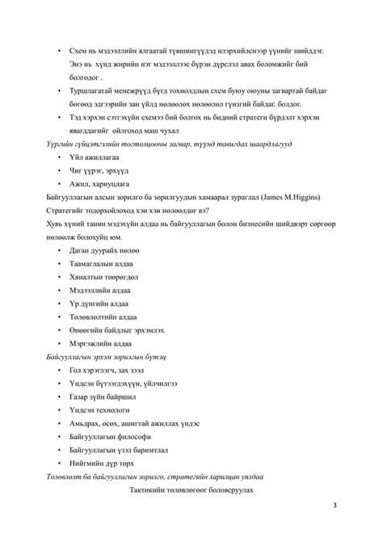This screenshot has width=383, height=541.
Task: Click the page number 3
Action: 335,505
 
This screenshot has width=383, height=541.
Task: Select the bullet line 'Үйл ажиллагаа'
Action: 96,156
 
